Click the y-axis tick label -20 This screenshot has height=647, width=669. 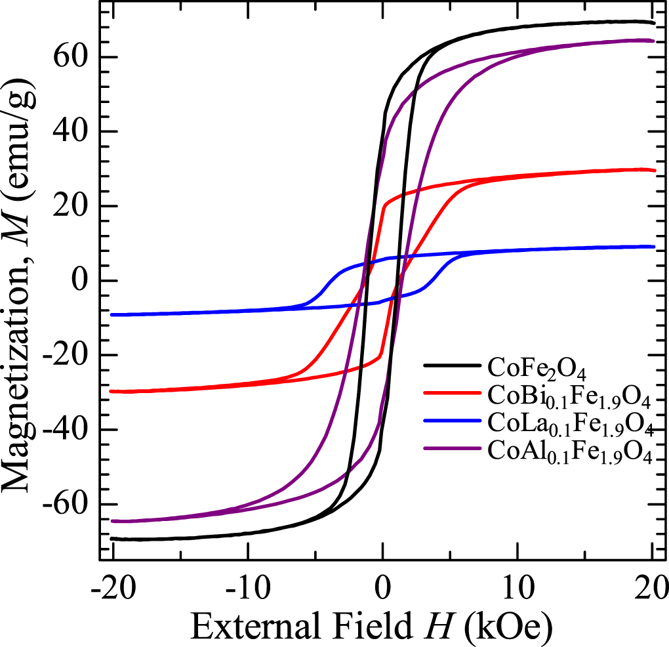click(66, 356)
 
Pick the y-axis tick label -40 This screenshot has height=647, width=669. click(66, 430)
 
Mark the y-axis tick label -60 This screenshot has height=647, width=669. click(66, 505)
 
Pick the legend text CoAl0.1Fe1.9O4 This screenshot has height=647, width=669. click(569, 453)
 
